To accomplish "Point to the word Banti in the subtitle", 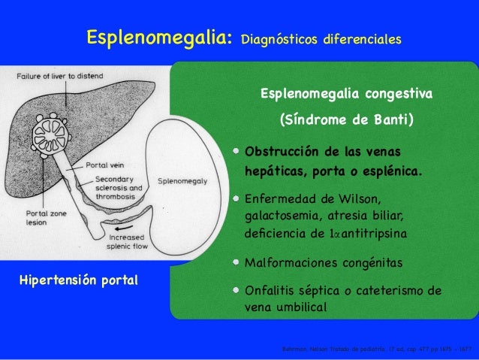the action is click(389, 119).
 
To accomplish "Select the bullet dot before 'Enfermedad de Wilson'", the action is click(236, 199).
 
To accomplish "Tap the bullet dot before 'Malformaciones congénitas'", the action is click(236, 263).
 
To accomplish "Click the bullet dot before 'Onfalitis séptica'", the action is click(236, 290).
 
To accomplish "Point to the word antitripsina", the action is click(374, 234).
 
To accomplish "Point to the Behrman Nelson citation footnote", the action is click(375, 349).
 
